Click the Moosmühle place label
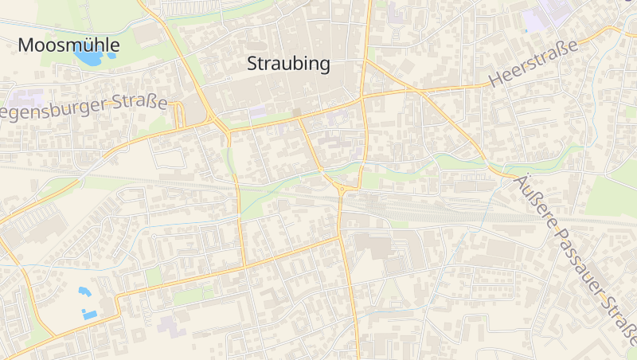(x=68, y=45)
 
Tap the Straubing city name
(x=288, y=64)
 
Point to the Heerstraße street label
(x=533, y=65)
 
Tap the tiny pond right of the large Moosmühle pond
(x=111, y=55)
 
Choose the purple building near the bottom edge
(x=170, y=325)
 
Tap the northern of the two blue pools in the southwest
(x=84, y=292)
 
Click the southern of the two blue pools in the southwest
(x=90, y=315)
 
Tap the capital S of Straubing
(x=252, y=64)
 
